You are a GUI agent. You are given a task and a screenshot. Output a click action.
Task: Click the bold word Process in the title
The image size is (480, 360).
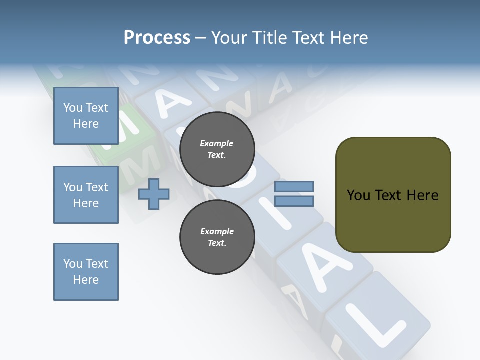[x=157, y=38]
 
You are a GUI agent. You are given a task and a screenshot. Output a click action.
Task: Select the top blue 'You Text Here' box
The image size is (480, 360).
[x=86, y=116]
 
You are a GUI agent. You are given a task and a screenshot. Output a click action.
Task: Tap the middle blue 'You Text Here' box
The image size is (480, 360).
[x=86, y=195]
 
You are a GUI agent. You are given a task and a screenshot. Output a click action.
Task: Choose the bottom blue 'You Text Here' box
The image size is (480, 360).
[x=86, y=272]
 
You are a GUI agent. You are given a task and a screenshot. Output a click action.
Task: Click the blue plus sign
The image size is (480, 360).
[x=154, y=194]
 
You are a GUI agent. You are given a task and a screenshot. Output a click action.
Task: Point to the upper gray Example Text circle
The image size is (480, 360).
[x=217, y=149]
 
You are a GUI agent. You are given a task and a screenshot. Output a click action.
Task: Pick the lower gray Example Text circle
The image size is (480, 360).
[x=217, y=237]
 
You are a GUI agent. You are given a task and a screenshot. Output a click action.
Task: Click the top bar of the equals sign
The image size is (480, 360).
[x=294, y=186]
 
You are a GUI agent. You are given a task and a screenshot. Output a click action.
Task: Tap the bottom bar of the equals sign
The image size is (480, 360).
[x=294, y=201]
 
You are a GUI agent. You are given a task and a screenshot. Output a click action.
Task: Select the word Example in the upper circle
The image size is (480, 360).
[x=217, y=143]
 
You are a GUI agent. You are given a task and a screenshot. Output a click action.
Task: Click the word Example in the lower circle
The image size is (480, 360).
[x=217, y=231]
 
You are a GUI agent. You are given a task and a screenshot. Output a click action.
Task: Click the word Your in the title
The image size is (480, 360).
[x=230, y=38]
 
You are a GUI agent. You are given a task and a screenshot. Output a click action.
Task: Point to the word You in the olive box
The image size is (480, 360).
[x=358, y=195]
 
